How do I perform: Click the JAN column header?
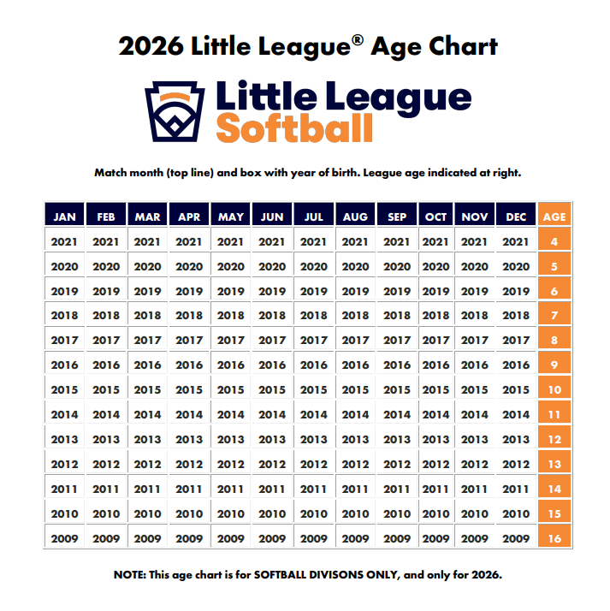click(x=64, y=217)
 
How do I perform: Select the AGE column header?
click(x=554, y=217)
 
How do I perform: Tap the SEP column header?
click(x=397, y=217)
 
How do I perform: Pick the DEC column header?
click(x=516, y=217)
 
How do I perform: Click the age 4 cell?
click(x=554, y=242)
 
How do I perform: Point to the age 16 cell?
click(x=554, y=539)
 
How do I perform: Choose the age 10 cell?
click(x=554, y=390)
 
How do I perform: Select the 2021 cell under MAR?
click(x=147, y=242)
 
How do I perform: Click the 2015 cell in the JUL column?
click(x=314, y=390)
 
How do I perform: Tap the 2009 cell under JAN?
click(x=64, y=539)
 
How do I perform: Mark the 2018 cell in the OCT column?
click(x=436, y=316)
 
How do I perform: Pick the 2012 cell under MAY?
click(x=230, y=465)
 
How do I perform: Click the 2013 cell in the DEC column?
click(x=516, y=440)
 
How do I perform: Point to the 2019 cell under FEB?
click(x=106, y=291)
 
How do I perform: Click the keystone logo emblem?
click(x=176, y=111)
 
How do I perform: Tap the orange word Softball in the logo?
click(x=294, y=128)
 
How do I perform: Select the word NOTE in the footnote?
click(x=130, y=574)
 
